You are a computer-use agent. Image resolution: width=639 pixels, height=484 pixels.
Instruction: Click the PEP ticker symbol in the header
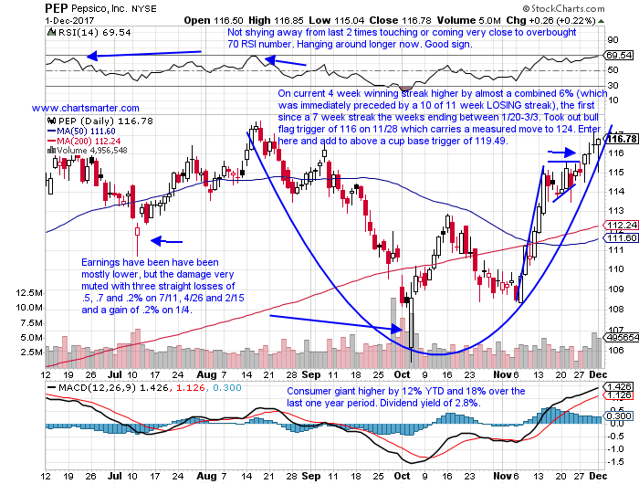point(21,7)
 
